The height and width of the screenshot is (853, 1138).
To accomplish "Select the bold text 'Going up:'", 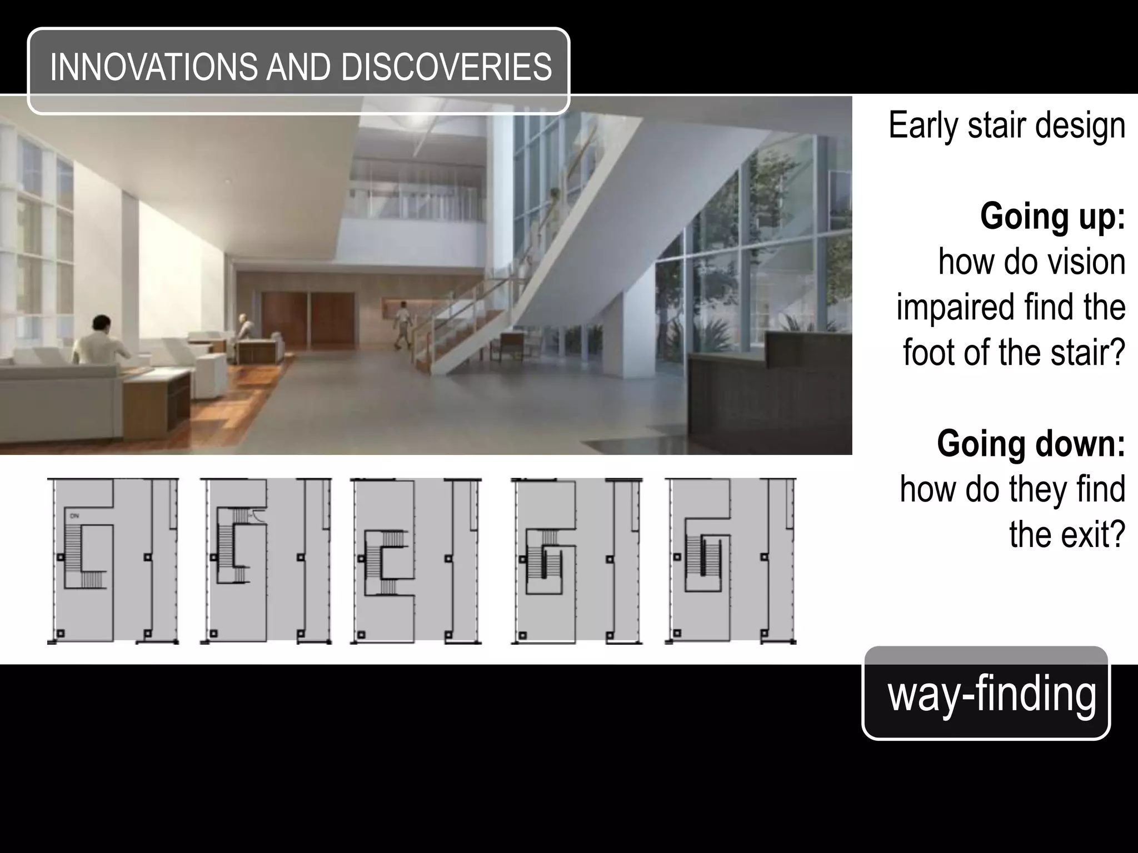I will tap(1052, 216).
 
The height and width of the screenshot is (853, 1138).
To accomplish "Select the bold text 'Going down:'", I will tap(1031, 444).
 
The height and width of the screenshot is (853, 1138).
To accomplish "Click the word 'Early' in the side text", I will tap(925, 126).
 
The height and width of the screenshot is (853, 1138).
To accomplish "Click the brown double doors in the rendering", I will tap(308, 318).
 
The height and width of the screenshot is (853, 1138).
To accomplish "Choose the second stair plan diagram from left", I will tap(266, 561).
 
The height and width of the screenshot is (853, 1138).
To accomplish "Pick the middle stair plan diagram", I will tap(416, 561).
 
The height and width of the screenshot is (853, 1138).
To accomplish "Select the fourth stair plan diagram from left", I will tap(576, 561).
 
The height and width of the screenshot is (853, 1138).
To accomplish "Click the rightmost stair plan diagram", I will tap(730, 561).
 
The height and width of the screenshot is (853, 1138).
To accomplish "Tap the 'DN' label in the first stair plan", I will tap(74, 516).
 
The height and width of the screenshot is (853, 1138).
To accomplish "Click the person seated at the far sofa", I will tap(243, 328).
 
